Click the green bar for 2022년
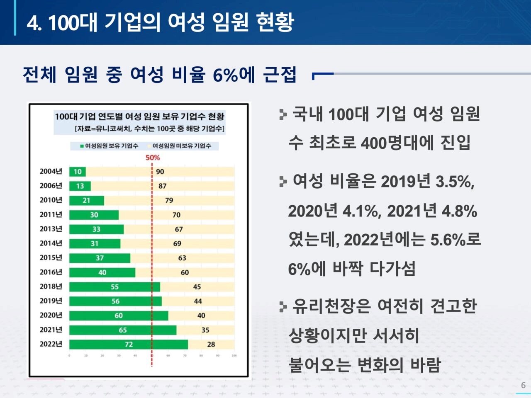point(128,344)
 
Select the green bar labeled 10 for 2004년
point(78,172)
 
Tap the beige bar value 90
point(160,172)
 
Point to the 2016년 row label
point(51,272)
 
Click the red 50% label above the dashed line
point(152,158)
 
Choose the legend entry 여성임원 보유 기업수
point(110,146)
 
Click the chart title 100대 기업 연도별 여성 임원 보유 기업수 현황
point(139,116)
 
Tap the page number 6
point(523,385)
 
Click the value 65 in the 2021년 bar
point(123,330)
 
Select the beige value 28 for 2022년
point(211,344)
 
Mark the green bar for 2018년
point(114,286)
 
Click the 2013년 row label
point(51,229)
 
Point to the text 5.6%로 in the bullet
point(455,240)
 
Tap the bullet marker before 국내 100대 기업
point(283,114)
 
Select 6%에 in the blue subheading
point(234,75)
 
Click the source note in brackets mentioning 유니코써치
point(149,129)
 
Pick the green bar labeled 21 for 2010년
point(86,200)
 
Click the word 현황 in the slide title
point(275,22)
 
